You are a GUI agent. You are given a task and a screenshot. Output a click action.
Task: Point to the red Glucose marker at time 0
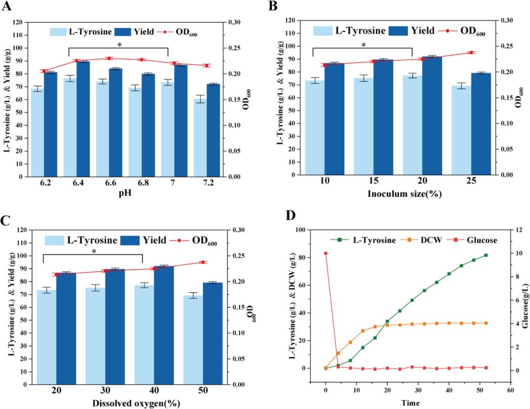tap(326, 253)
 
